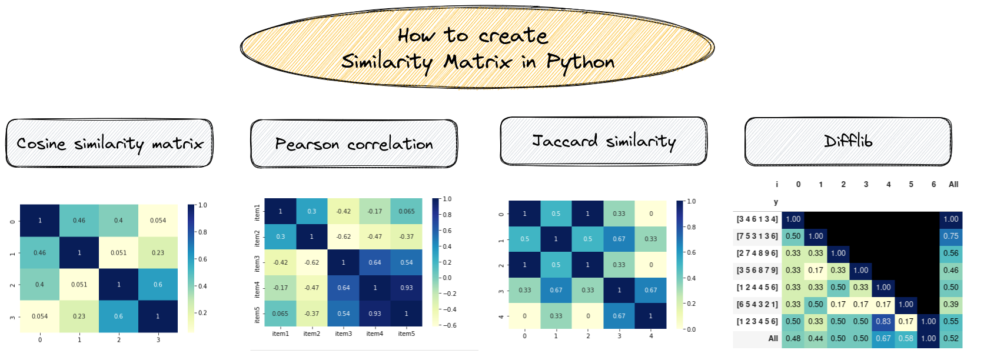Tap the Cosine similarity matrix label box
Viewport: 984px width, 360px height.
pyautogui.click(x=109, y=144)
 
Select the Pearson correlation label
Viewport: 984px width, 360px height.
pyautogui.click(x=354, y=144)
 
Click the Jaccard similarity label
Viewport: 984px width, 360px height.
pyautogui.click(x=603, y=141)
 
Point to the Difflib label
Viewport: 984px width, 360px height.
pyautogui.click(x=848, y=141)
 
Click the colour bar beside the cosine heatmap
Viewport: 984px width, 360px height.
pyautogui.click(x=191, y=268)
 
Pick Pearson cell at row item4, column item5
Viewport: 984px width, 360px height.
pyautogui.click(x=407, y=288)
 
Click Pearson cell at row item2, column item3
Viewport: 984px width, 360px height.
pyautogui.click(x=344, y=236)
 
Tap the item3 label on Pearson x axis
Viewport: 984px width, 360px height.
pyautogui.click(x=344, y=334)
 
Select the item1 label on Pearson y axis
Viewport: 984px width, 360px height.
pyautogui.click(x=257, y=211)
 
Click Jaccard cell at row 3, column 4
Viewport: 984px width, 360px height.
pyautogui.click(x=651, y=290)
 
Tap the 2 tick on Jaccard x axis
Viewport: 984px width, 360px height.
pyautogui.click(x=588, y=336)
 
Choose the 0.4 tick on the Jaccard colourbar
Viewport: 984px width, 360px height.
pyautogui.click(x=690, y=278)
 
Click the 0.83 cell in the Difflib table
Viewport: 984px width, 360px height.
pyautogui.click(x=883, y=321)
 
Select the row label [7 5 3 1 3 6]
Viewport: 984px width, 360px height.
pyautogui.click(x=757, y=236)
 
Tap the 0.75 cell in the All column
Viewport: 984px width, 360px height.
pyautogui.click(x=951, y=236)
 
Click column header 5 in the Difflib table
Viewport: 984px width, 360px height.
pyautogui.click(x=911, y=184)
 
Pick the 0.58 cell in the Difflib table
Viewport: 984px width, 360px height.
pyautogui.click(x=906, y=338)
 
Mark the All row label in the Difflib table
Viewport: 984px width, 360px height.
pyautogui.click(x=773, y=338)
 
